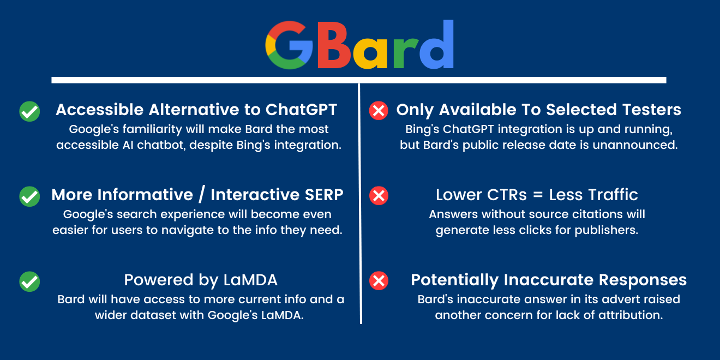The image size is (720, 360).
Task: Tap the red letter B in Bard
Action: (334, 45)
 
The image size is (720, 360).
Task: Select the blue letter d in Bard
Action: (436, 44)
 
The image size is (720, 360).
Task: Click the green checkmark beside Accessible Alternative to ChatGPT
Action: (29, 111)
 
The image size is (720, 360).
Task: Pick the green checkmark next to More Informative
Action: (29, 196)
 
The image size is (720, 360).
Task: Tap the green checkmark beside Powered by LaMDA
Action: (29, 281)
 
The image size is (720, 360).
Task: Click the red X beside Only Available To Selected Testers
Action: (379, 111)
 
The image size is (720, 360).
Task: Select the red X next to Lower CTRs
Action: (379, 195)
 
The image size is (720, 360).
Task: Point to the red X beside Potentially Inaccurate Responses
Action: (379, 280)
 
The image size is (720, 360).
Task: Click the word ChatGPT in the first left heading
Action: (301, 110)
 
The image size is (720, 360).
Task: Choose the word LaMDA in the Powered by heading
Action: (250, 280)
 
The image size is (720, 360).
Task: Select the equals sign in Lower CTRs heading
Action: (538, 195)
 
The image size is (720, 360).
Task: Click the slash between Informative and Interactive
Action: (202, 195)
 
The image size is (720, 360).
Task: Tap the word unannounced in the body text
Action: (635, 145)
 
